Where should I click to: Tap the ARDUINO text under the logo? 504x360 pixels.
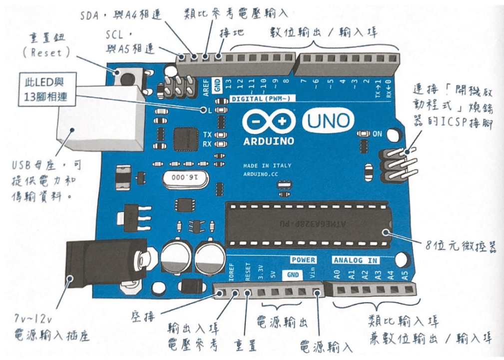click(268, 141)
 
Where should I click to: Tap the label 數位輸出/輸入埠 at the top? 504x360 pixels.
click(324, 32)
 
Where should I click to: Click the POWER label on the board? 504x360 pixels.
click(303, 260)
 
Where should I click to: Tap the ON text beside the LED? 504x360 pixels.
click(378, 134)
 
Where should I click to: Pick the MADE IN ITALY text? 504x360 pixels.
click(267, 165)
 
